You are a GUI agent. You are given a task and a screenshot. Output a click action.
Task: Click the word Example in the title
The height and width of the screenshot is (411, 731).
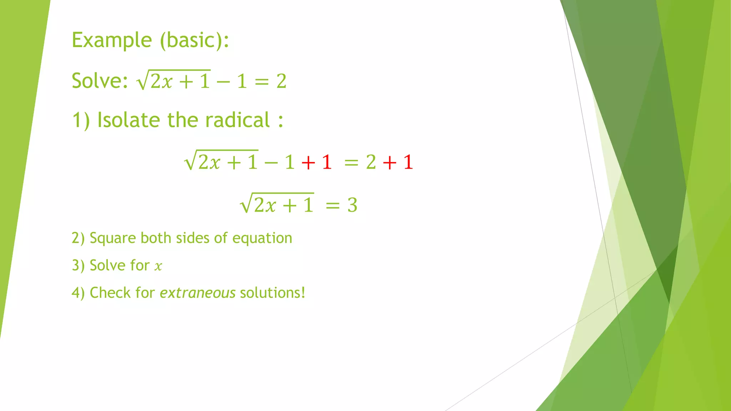[112, 40]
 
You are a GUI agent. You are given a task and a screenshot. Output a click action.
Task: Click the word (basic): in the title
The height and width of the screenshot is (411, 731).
[194, 40]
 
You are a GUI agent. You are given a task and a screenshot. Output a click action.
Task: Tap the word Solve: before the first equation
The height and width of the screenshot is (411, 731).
[100, 81]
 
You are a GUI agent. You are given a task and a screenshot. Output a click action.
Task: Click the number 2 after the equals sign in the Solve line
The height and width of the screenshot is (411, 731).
[281, 81]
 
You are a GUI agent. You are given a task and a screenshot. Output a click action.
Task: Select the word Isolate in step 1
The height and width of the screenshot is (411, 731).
[129, 120]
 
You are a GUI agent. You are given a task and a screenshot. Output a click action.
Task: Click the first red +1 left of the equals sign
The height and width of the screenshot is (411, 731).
[317, 162]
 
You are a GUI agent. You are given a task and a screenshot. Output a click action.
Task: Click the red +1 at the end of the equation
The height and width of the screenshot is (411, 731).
[398, 162]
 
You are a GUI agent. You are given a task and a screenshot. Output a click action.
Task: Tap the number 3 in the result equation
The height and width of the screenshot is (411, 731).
[352, 205]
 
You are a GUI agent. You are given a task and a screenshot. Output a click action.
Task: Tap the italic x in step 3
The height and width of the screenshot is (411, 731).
[158, 266]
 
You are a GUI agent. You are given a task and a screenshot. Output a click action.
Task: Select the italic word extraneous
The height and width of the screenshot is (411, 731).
[197, 293]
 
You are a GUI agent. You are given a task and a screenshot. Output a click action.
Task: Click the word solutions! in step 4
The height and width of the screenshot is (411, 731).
[273, 293]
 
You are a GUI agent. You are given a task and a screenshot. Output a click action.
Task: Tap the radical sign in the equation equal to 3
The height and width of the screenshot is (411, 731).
[246, 204]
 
